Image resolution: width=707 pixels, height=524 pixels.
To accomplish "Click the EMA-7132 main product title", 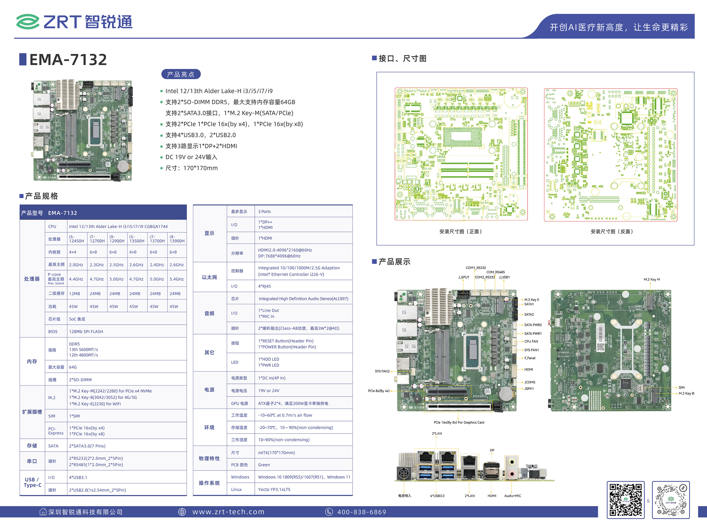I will click(68, 60).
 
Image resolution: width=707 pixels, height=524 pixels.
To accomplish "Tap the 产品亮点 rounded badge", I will click(181, 74).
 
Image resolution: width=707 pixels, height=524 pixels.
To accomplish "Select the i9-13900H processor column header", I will click(177, 239).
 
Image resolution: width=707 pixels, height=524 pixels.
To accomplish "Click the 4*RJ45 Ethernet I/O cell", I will click(264, 286).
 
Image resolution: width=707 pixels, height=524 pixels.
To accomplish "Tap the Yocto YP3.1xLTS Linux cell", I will click(274, 489).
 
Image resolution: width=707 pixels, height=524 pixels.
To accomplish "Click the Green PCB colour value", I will click(264, 465).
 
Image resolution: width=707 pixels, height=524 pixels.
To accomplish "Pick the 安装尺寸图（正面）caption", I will click(460, 232).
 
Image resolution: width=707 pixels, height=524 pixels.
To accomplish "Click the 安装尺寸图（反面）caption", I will click(612, 232).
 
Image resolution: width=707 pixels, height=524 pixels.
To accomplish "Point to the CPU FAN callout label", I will click(531, 342).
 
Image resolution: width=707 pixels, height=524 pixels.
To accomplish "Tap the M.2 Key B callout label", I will click(686, 393).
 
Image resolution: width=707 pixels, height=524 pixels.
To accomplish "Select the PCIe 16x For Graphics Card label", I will click(459, 422).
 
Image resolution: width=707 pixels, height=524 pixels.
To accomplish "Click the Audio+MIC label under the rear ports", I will click(513, 496).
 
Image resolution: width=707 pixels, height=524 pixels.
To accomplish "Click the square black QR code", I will click(625, 499).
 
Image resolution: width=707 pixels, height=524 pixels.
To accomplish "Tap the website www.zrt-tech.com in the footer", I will click(228, 512).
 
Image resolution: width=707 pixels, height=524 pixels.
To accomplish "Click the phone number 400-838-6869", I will click(362, 512).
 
